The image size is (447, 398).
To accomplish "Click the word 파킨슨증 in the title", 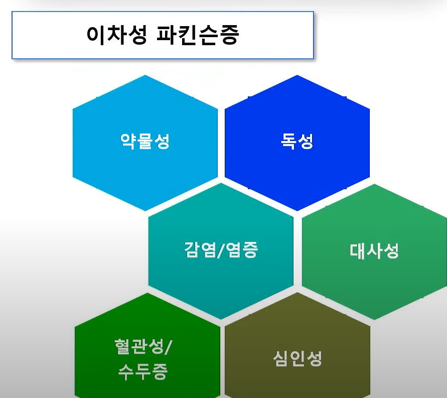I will pyautogui.click(x=201, y=35).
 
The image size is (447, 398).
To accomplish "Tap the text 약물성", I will pyautogui.click(x=145, y=141).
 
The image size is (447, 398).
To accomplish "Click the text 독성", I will pyautogui.click(x=297, y=141).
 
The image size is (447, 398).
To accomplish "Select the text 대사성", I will pyautogui.click(x=374, y=250).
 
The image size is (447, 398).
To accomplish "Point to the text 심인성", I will pyautogui.click(x=297, y=358).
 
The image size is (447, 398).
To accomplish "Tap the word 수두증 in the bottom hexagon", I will pyautogui.click(x=143, y=372).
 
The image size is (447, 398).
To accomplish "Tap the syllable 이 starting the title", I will pyautogui.click(x=96, y=35).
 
